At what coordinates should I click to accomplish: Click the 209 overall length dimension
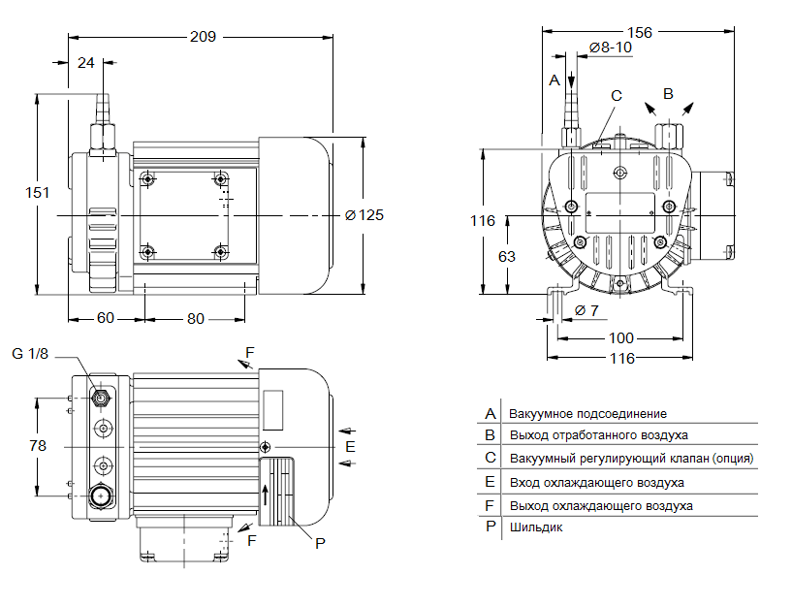pos(203,36)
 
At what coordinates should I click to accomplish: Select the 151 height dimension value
pos(36,193)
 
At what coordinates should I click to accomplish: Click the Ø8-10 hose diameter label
pos(611,47)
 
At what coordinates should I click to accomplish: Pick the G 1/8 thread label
pos(30,353)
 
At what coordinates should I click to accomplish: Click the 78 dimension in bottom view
pos(37,446)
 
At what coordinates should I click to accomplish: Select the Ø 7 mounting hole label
pos(586,310)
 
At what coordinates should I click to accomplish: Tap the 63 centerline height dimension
pos(506,256)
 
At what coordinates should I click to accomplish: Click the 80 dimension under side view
pos(196,318)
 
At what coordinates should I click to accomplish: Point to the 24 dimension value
pos(86,62)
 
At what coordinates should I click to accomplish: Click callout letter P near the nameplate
pos(320,544)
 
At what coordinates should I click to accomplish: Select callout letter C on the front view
pos(616,95)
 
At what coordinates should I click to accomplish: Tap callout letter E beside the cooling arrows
pos(351,446)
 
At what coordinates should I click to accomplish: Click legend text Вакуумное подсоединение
pos(587,413)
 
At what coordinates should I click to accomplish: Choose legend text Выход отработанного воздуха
pos(598,435)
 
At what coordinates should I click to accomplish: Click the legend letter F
pos(491,504)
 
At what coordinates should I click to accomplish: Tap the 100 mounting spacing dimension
pos(620,337)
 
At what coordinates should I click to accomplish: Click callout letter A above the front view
pos(554,80)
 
